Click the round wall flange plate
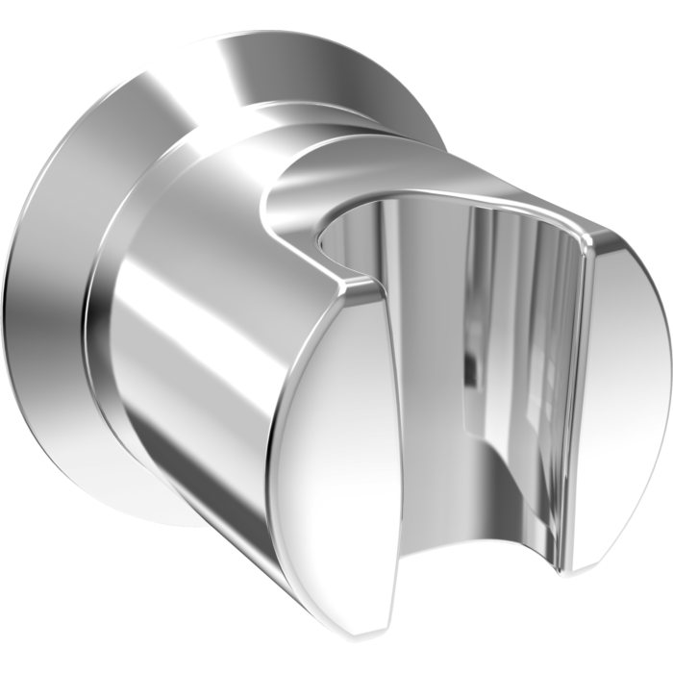(58, 288)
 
